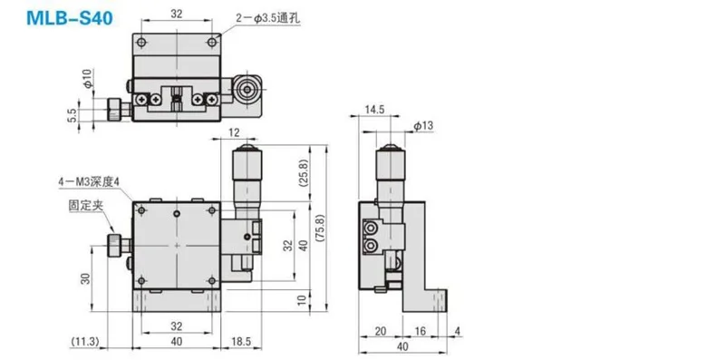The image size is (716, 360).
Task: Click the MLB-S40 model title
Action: pyautogui.click(x=70, y=18)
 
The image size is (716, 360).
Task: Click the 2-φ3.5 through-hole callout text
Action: pyautogui.click(x=268, y=18)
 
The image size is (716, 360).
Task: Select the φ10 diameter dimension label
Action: pyautogui.click(x=88, y=78)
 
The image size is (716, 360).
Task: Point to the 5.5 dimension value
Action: pyautogui.click(x=73, y=114)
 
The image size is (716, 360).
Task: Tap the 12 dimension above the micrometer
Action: pyautogui.click(x=234, y=132)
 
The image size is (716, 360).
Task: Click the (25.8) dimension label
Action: pyautogui.click(x=304, y=173)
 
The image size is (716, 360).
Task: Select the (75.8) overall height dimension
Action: pyautogui.click(x=320, y=228)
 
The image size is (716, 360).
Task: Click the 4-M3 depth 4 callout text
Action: pyautogui.click(x=89, y=182)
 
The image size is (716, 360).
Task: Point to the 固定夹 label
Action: pyautogui.click(x=86, y=206)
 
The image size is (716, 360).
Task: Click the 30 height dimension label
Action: pyautogui.click(x=85, y=278)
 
